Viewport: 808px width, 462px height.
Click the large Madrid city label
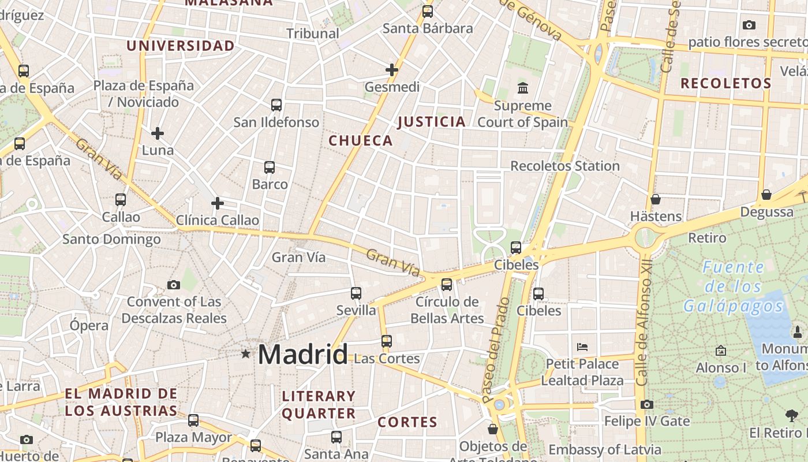tap(302, 354)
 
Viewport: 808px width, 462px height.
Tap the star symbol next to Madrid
tap(246, 353)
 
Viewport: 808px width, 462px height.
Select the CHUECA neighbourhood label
tap(361, 140)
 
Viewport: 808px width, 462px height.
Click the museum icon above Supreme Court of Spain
tap(523, 88)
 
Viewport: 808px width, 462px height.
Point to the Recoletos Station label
tap(564, 166)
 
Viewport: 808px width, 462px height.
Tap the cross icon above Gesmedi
tap(392, 70)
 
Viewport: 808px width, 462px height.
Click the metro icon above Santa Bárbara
tap(428, 12)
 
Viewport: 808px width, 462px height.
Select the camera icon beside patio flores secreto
tap(749, 25)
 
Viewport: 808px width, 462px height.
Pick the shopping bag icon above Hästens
tap(656, 199)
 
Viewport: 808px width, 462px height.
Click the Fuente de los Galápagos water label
tap(733, 286)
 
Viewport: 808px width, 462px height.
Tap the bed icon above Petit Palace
tap(582, 347)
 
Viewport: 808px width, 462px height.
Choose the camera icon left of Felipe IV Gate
tap(647, 404)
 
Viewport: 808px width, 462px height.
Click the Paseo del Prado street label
tap(496, 349)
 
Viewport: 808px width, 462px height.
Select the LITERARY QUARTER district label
tap(319, 404)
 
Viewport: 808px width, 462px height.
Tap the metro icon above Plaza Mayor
tap(193, 420)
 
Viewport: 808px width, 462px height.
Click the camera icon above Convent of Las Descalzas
tap(174, 285)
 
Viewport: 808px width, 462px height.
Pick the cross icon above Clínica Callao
tap(218, 203)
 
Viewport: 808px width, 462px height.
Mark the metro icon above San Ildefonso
tap(276, 105)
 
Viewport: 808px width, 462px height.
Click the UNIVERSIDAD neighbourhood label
tap(181, 46)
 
